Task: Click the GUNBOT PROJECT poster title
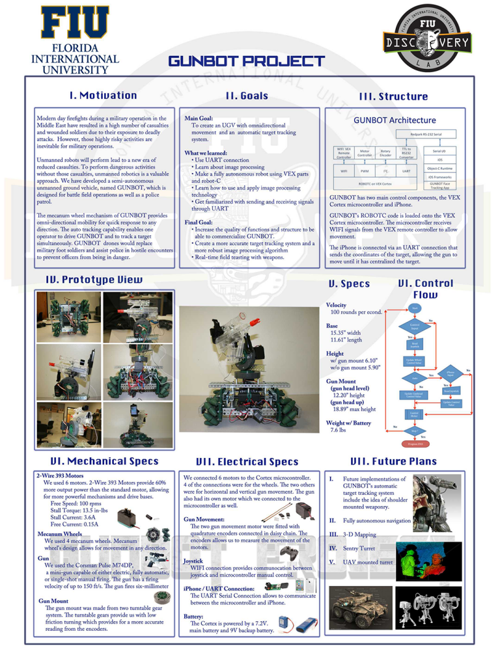click(246, 62)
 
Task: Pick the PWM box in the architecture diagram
click(365, 172)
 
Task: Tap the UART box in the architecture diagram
click(406, 172)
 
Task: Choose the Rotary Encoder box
click(385, 153)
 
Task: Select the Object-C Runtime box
click(439, 168)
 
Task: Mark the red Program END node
click(415, 444)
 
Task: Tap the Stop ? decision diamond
click(415, 430)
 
